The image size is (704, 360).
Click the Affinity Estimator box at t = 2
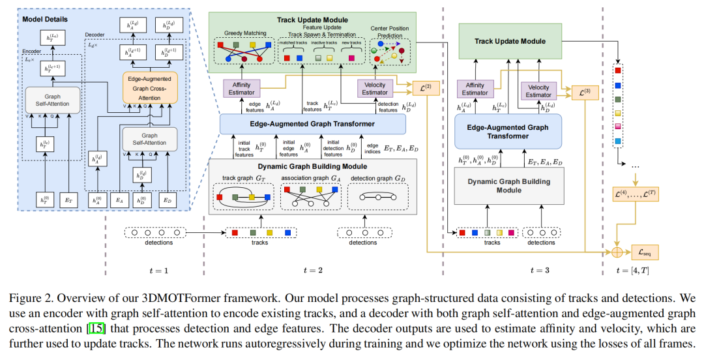pyautogui.click(x=241, y=88)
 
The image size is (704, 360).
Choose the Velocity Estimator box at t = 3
pyautogui.click(x=538, y=91)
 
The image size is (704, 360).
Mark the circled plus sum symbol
pyautogui.click(x=616, y=251)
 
